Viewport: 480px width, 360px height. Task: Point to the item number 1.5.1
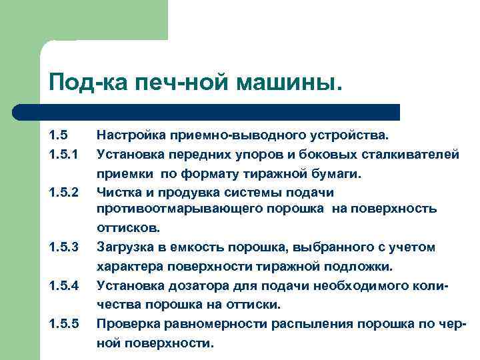coord(64,155)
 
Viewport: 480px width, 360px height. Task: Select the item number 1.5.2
coord(64,193)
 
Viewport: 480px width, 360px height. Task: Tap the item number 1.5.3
coord(64,248)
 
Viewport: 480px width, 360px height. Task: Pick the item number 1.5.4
coord(64,286)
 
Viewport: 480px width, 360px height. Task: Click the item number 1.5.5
coord(64,324)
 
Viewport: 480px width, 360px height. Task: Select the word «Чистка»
coord(118,193)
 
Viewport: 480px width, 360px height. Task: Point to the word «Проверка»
coord(127,324)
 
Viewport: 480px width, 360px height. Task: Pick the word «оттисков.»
coord(129,228)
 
